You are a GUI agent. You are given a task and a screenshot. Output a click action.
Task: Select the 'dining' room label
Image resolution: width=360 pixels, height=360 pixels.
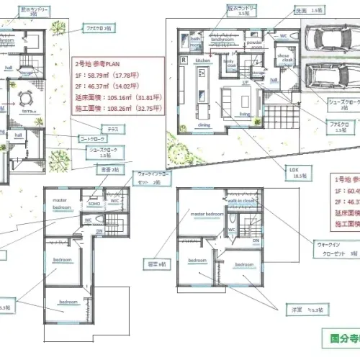(x=204, y=125)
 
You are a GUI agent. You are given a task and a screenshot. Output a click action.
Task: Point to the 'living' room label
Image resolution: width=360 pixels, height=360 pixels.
(x=244, y=114)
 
